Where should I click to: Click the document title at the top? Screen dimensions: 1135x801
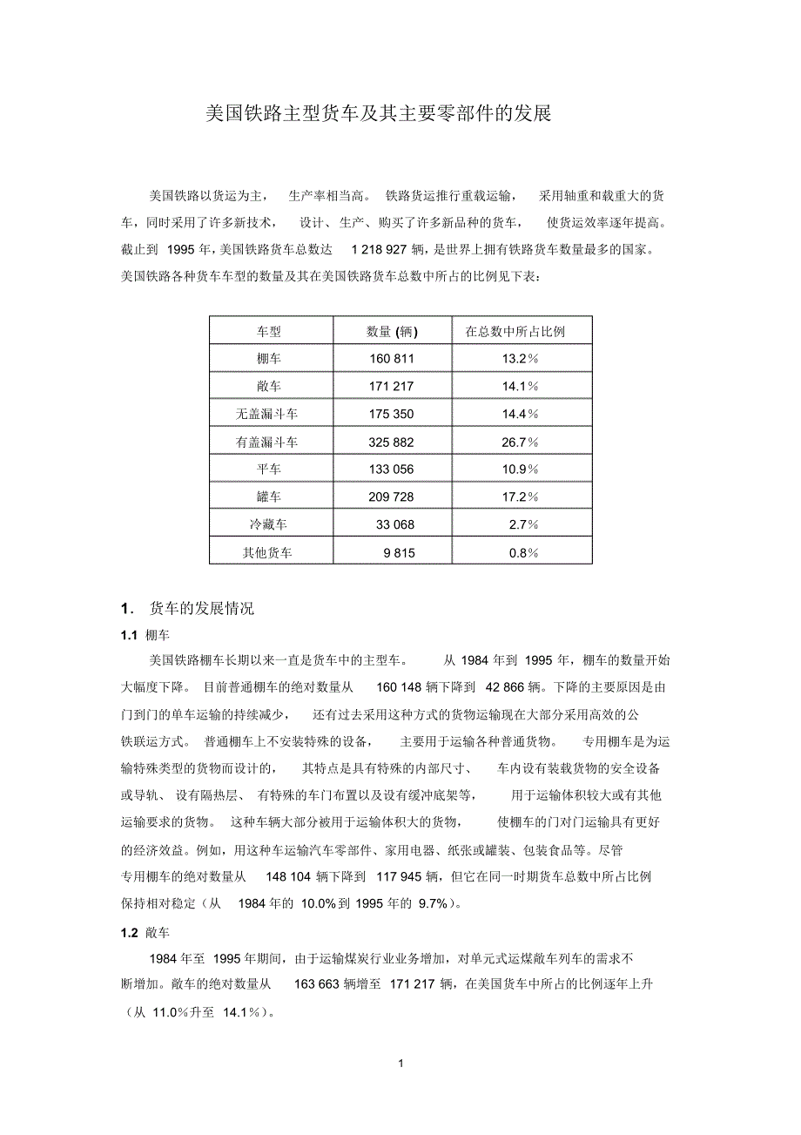pos(378,113)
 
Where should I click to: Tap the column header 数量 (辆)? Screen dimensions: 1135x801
pos(392,331)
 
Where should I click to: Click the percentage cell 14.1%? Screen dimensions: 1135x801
pos(520,386)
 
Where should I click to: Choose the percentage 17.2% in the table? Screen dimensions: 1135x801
pos(520,497)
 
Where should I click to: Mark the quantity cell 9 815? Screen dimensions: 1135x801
pos(399,552)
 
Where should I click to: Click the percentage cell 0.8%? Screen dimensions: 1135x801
pos(523,552)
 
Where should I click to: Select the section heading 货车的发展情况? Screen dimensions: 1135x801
pos(201,608)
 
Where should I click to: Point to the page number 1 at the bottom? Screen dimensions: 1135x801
pos(400,1064)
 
